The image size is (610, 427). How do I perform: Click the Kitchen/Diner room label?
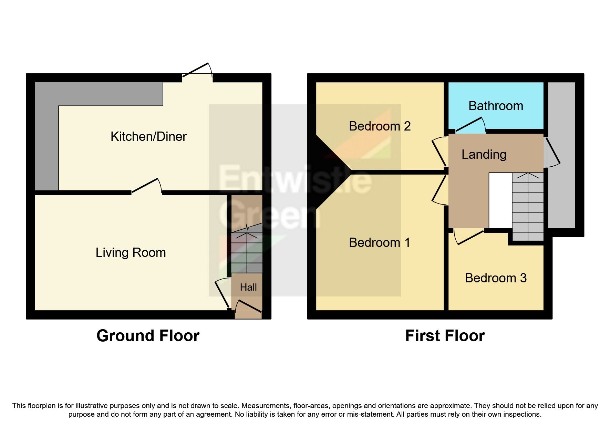click(x=148, y=137)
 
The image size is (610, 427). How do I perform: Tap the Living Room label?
click(x=131, y=253)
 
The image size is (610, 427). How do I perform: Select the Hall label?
click(x=248, y=287)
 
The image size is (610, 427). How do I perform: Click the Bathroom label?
click(x=496, y=106)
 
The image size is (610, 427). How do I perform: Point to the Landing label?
click(x=484, y=155)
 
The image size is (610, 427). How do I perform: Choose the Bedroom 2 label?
click(x=380, y=126)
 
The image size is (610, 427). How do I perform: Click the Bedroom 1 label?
click(x=380, y=243)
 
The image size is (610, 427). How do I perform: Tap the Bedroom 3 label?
click(x=496, y=278)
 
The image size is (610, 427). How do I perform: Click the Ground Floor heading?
click(x=148, y=336)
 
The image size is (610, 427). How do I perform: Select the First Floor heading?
click(x=445, y=336)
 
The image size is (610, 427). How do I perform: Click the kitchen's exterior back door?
click(x=197, y=71)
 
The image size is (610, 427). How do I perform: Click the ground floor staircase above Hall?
click(x=247, y=251)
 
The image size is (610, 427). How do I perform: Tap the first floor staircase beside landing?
click(x=528, y=207)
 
